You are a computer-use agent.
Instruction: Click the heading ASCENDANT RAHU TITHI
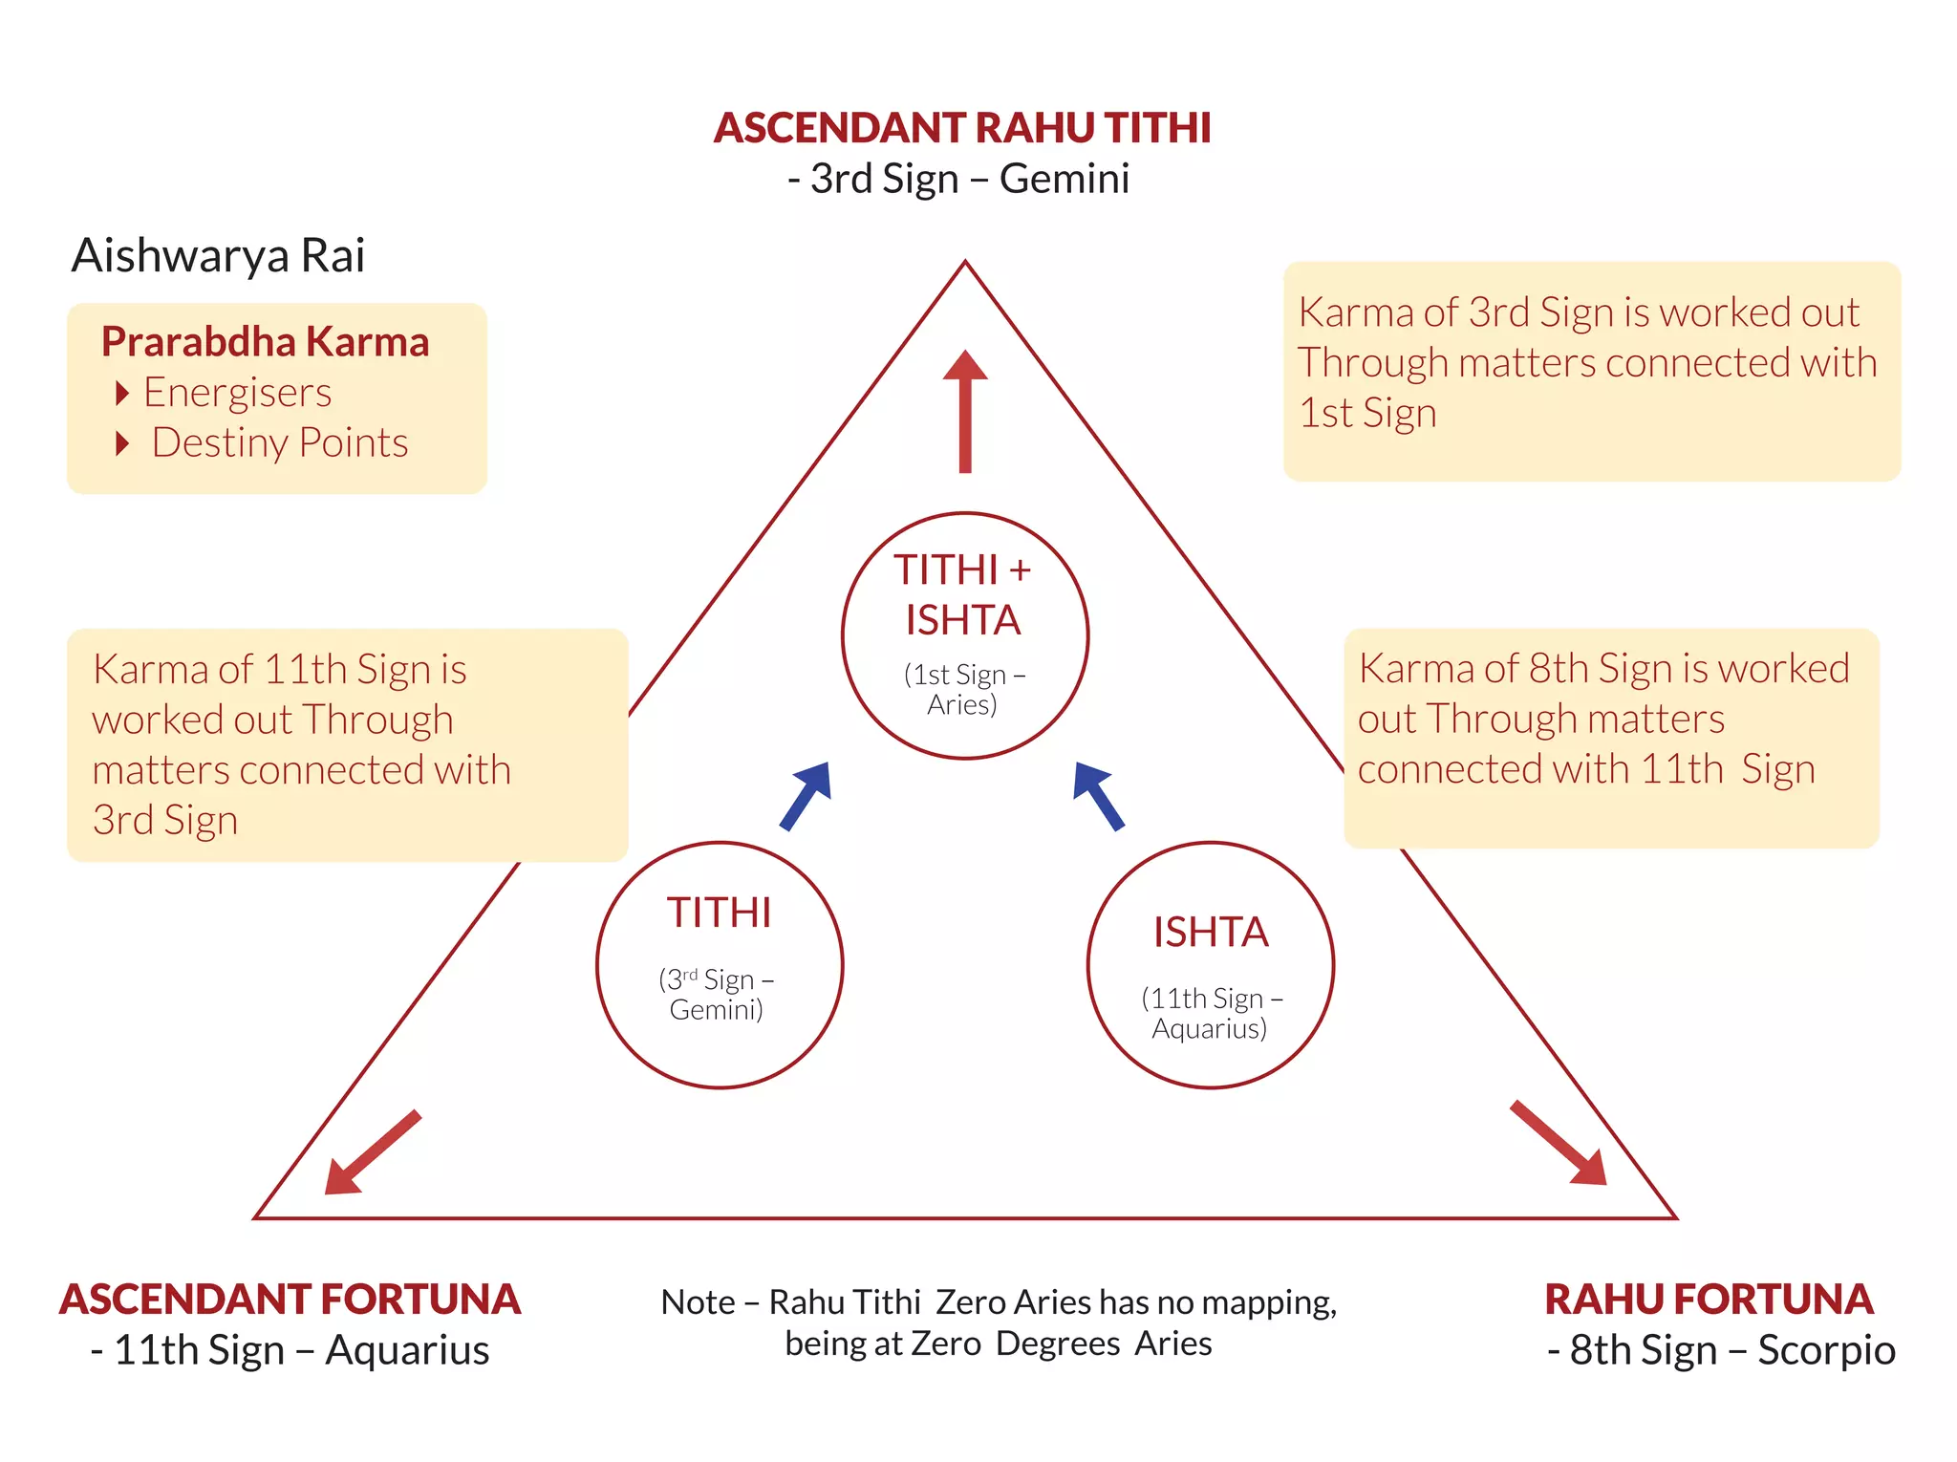point(962,128)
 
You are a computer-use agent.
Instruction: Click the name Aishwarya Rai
point(218,255)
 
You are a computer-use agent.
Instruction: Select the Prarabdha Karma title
point(266,341)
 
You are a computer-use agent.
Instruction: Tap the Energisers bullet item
point(237,393)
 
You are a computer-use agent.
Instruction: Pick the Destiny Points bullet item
point(279,442)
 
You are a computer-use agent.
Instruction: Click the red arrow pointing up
point(965,411)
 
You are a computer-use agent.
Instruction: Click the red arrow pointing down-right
point(1559,1144)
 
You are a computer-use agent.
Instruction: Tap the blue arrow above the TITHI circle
point(806,796)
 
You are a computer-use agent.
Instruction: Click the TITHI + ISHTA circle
point(965,635)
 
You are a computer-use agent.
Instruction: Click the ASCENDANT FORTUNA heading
point(290,1300)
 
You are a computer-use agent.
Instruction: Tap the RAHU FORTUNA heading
point(1709,1300)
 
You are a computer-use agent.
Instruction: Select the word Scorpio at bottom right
point(1826,1350)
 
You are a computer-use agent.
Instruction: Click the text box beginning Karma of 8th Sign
point(1611,738)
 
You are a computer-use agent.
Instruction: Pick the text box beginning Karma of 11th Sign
point(347,744)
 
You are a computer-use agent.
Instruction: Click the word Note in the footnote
point(698,1302)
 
